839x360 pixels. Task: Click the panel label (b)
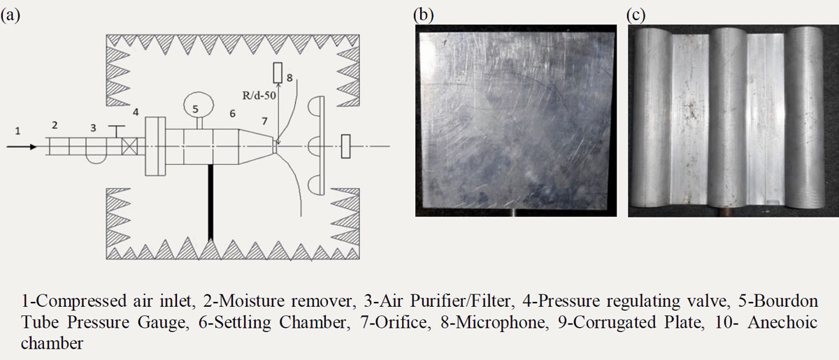424,15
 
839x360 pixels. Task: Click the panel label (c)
636,15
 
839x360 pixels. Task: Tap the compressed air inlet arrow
22,147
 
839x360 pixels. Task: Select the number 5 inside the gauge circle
196,108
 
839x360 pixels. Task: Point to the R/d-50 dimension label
259,96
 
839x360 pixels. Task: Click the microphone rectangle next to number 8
278,73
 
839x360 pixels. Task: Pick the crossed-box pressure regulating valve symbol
130,147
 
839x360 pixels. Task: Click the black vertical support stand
210,202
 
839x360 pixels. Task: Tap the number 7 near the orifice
265,121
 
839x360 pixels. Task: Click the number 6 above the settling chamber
233,113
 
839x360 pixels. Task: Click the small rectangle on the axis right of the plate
345,146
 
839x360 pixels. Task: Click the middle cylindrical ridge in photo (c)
729,117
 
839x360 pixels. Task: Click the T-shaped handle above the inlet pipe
117,131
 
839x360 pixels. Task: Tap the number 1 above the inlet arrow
17,131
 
